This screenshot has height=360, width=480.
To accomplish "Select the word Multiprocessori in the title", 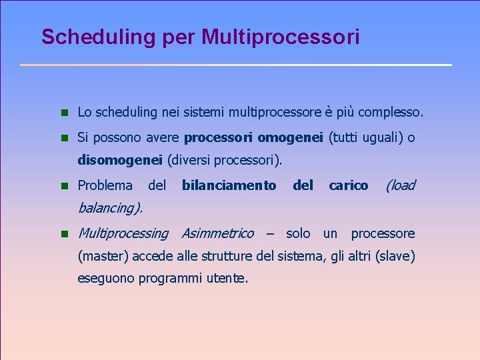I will (x=281, y=37).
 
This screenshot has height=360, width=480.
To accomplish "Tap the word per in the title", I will (x=179, y=38).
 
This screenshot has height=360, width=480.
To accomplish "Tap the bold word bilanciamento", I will (x=229, y=185).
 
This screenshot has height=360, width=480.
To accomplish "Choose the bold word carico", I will (x=348, y=185).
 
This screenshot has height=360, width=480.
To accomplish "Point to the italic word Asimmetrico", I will (x=217, y=233).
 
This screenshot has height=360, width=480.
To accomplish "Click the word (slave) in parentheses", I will (x=395, y=255).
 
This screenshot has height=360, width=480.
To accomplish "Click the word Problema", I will (x=105, y=185).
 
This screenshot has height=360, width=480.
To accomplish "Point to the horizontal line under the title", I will (x=236, y=65).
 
